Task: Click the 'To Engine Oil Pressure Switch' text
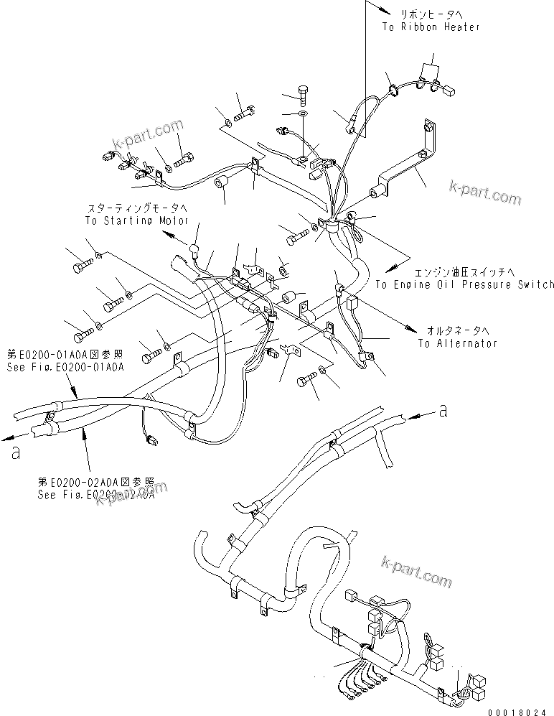coord(464,285)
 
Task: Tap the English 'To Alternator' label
coord(457,343)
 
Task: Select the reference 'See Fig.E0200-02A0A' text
coord(95,496)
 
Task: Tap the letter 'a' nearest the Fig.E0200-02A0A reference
coord(16,453)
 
